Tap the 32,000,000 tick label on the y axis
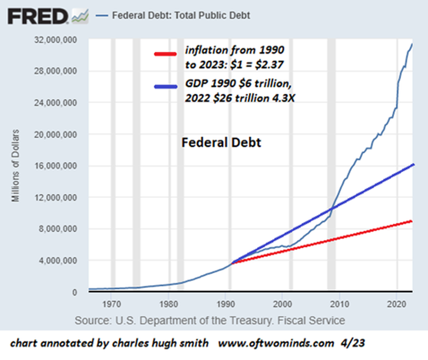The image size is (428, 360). click(x=60, y=39)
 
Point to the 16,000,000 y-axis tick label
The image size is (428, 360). click(x=60, y=166)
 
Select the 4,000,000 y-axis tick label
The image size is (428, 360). click(x=62, y=261)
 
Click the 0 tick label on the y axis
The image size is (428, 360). click(x=76, y=292)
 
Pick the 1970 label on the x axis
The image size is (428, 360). click(x=110, y=304)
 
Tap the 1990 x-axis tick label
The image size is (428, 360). click(x=225, y=304)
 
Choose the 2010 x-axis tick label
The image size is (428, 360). click(x=340, y=304)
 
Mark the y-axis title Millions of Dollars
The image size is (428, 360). click(x=16, y=165)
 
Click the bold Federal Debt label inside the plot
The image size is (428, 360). click(x=221, y=142)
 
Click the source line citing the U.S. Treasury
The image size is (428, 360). click(x=210, y=320)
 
